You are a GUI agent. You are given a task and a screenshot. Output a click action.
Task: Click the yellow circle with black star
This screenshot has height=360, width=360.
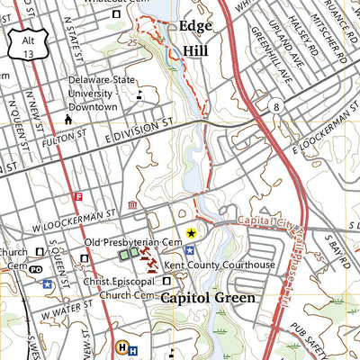click(190, 233)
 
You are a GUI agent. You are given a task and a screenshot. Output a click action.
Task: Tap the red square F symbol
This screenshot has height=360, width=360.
click(78, 196)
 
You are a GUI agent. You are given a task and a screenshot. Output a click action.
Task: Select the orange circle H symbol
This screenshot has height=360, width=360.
click(122, 346)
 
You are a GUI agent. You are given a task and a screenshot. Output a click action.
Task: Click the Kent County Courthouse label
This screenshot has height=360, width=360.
click(219, 265)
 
